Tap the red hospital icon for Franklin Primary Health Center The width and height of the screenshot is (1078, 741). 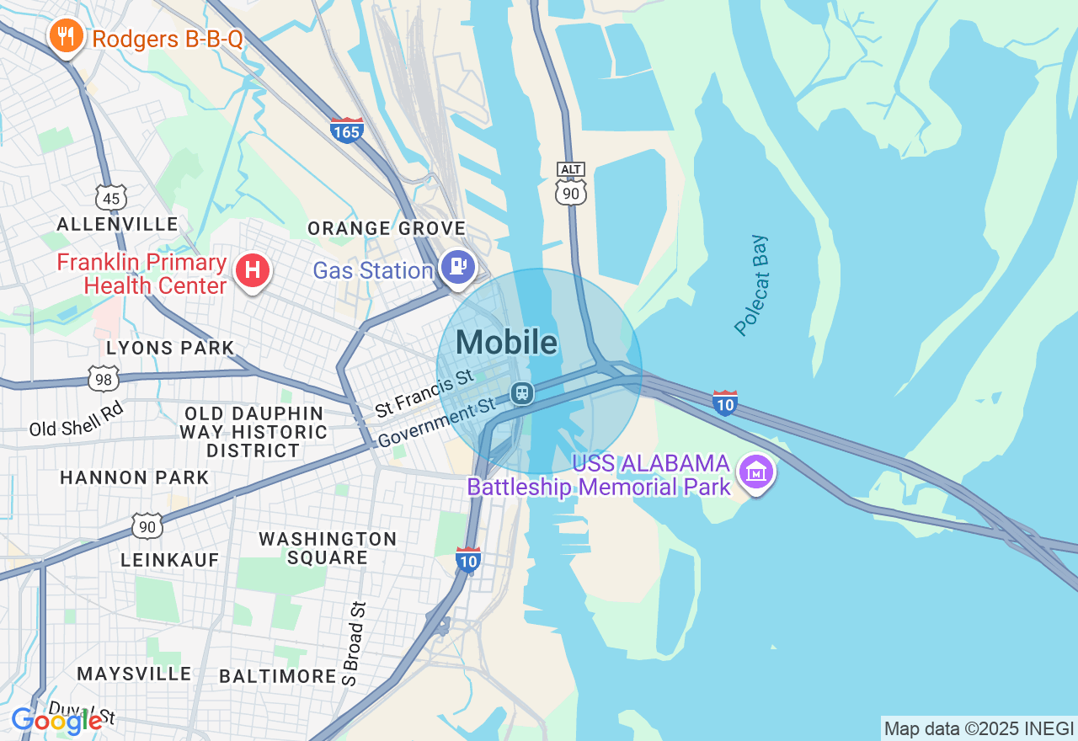pyautogui.click(x=252, y=271)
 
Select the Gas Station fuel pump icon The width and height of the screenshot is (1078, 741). pyautogui.click(x=457, y=268)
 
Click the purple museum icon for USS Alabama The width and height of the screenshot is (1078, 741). pyautogui.click(x=756, y=473)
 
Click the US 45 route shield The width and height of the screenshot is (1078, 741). pyautogui.click(x=111, y=197)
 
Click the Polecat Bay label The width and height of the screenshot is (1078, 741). pyautogui.click(x=752, y=285)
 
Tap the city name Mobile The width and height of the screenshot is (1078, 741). pyautogui.click(x=506, y=342)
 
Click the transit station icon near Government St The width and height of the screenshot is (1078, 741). pyautogui.click(x=522, y=392)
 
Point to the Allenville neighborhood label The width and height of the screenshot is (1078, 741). pyautogui.click(x=117, y=224)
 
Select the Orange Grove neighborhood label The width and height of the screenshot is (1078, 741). pyautogui.click(x=387, y=228)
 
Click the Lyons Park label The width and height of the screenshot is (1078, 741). pyautogui.click(x=170, y=348)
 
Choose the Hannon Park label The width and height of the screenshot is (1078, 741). pyautogui.click(x=135, y=477)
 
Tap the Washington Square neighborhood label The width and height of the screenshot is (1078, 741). pyautogui.click(x=328, y=548)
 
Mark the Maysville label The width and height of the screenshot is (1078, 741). pyautogui.click(x=135, y=674)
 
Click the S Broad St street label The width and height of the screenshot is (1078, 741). pyautogui.click(x=356, y=644)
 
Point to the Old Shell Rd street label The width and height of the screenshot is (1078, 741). pyautogui.click(x=77, y=418)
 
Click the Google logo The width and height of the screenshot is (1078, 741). pyautogui.click(x=57, y=720)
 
